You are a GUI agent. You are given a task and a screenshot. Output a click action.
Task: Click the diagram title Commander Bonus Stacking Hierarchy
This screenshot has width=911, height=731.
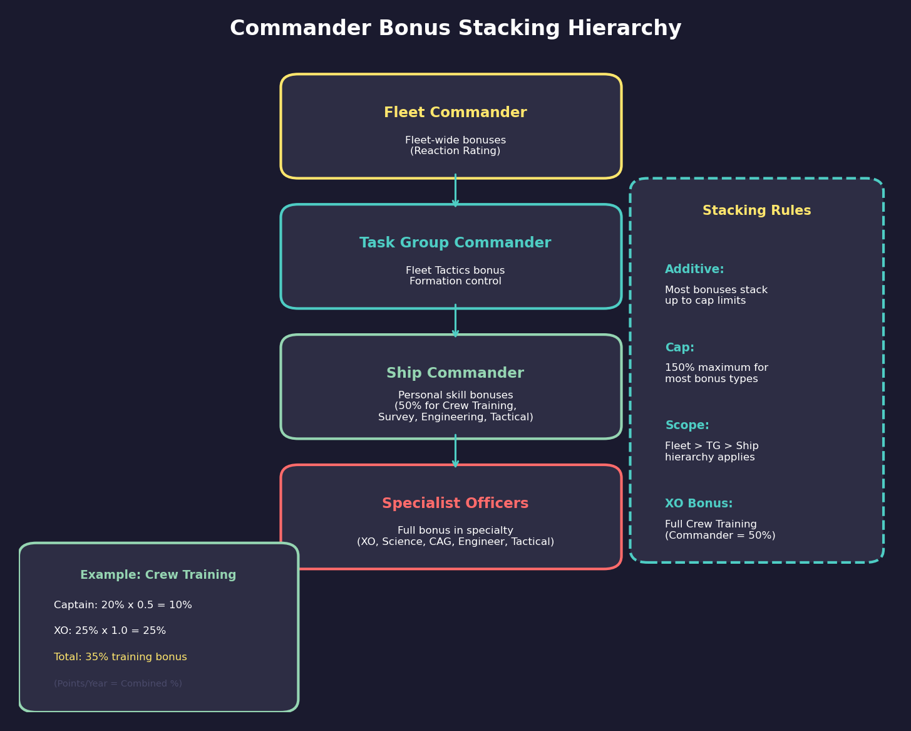455,29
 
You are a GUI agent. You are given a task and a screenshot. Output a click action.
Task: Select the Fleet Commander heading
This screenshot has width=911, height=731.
455,113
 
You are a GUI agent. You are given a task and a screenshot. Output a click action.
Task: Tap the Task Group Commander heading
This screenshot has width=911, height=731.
455,243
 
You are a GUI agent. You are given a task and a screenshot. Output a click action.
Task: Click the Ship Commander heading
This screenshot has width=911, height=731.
455,373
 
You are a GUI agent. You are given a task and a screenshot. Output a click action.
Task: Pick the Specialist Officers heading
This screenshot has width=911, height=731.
455,504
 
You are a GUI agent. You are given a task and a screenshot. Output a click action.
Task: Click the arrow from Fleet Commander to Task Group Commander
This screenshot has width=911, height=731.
455,191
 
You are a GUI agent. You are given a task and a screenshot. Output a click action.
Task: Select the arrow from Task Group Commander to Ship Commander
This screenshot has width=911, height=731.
455,321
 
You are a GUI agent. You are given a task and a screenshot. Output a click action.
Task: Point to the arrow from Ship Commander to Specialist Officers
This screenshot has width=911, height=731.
455,452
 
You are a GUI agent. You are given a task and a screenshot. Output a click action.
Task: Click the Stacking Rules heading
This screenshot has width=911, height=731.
756,211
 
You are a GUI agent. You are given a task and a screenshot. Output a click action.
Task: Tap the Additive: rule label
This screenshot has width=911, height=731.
694,269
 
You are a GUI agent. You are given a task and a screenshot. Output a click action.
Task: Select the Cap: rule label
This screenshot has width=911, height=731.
679,348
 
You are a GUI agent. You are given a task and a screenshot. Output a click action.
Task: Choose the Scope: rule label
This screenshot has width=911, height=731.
687,425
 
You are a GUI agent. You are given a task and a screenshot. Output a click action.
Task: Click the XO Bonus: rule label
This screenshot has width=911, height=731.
699,504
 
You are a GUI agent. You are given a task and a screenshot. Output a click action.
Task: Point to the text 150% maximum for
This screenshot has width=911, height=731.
716,368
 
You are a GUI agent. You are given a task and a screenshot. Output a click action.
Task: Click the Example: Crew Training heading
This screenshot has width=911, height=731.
158,575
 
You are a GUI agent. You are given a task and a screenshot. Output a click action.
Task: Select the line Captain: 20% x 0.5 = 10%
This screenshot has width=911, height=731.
123,605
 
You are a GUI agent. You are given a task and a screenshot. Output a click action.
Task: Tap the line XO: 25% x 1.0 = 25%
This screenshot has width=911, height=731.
110,631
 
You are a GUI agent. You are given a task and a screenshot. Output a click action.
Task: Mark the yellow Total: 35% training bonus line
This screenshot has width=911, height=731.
120,657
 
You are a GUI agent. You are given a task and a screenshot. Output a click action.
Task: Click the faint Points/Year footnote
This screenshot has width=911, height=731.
118,684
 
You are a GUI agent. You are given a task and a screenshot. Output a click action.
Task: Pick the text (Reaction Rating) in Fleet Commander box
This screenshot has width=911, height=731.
455,152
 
